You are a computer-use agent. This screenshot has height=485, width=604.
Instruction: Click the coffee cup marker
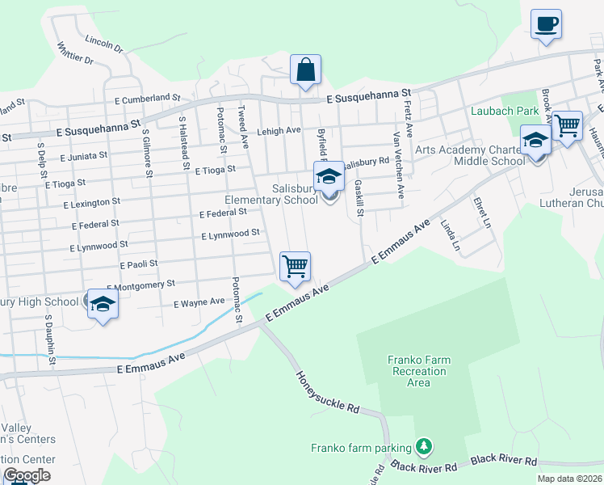pos(546,23)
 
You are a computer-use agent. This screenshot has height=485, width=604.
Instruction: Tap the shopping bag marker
pos(306,70)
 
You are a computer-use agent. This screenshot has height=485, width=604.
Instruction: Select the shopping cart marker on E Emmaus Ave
pos(295,267)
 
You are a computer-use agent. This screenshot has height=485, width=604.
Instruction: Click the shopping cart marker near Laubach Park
pos(568,126)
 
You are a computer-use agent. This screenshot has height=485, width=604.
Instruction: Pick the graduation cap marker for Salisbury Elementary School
pos(329,177)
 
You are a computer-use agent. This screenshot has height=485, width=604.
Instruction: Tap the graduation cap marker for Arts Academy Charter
pos(535,141)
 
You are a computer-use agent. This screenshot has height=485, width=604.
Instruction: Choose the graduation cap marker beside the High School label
pos(103,305)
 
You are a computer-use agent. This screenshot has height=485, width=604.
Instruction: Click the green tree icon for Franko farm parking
pos(422,446)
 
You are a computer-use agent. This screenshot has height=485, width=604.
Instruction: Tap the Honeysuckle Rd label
pos(327,393)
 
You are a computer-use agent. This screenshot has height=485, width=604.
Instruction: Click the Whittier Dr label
pos(76,53)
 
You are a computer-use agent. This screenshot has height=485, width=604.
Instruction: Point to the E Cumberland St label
pos(147,98)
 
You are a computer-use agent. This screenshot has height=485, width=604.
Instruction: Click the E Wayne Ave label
pos(199,302)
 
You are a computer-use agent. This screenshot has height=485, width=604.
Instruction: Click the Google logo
pos(27,475)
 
